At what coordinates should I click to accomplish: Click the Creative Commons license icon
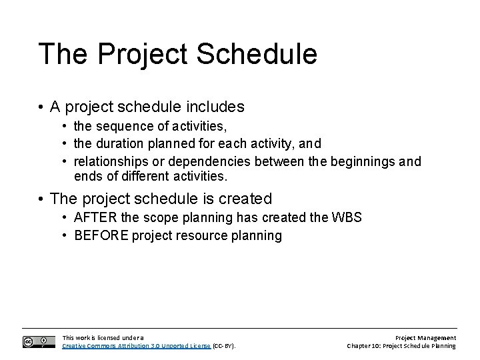[39, 341]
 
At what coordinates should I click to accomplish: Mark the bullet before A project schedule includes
[41, 107]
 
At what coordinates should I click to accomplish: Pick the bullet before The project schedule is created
[41, 199]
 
